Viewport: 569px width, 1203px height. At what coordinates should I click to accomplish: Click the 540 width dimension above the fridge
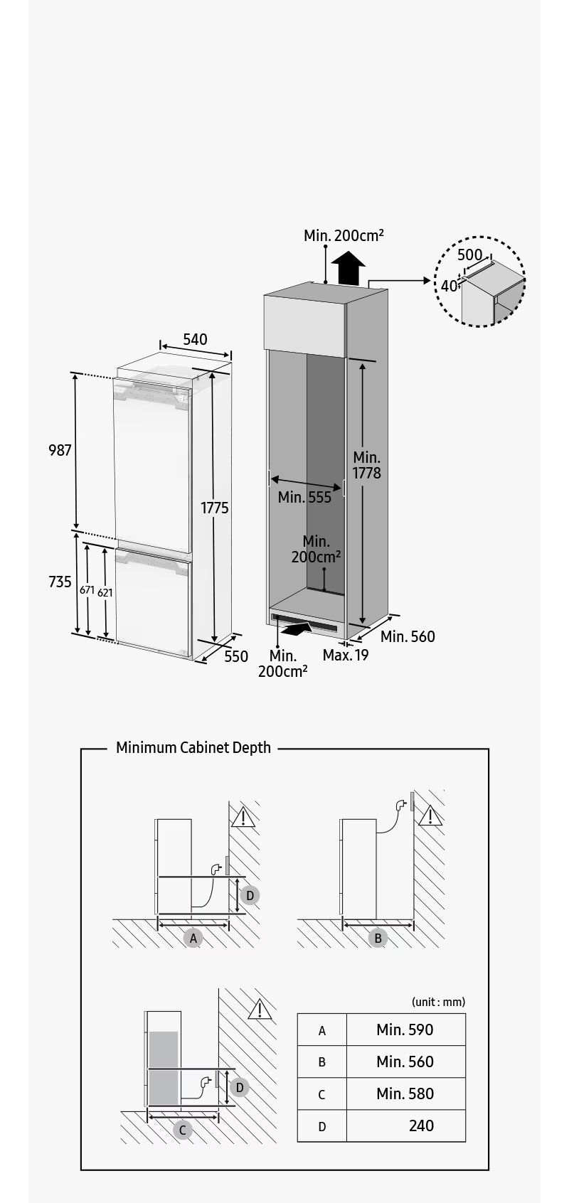click(195, 339)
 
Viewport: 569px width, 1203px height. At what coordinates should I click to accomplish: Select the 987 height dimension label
click(60, 450)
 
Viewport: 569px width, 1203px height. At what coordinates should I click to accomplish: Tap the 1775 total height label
click(214, 508)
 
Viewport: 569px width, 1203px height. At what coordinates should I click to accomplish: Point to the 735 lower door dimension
click(60, 582)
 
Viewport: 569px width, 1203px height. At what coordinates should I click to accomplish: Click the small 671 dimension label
click(87, 589)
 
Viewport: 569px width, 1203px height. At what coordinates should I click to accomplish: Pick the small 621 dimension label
click(105, 592)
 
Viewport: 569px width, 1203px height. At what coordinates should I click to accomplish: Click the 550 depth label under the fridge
click(236, 656)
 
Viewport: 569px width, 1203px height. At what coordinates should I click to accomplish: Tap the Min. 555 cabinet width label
click(304, 497)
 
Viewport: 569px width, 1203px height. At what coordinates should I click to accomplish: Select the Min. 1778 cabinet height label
click(366, 465)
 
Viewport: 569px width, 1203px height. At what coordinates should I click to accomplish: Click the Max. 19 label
click(346, 655)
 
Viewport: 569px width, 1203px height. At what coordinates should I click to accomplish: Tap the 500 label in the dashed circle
click(469, 255)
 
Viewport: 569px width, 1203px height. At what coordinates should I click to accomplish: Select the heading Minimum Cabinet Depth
click(193, 747)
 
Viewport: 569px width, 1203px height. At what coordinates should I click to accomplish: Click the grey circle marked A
click(193, 938)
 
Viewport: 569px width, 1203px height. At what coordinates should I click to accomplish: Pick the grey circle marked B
click(378, 938)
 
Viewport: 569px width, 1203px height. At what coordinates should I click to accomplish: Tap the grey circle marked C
click(183, 1130)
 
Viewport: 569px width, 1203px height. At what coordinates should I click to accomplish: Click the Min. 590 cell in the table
click(405, 1030)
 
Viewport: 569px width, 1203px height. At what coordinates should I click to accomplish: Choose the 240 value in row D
click(421, 1126)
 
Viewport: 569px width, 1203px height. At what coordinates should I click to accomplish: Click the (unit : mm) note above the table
click(438, 1002)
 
